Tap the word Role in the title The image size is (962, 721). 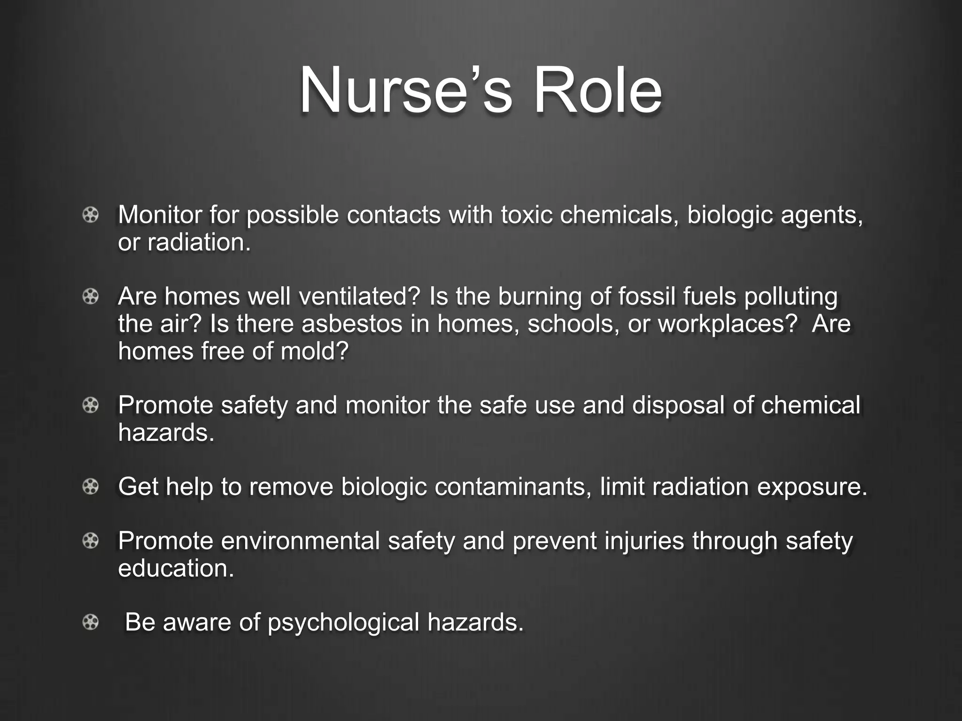tap(597, 90)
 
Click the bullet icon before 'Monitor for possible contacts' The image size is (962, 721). tap(91, 215)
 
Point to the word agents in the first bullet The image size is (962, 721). tap(822, 216)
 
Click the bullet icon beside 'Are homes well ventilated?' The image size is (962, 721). tap(91, 297)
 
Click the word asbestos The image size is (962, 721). tap(352, 324)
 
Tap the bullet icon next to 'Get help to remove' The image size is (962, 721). tap(91, 487)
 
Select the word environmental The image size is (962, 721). tap(300, 541)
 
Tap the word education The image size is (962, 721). tap(176, 568)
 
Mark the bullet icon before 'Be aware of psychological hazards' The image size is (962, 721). tap(91, 622)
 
